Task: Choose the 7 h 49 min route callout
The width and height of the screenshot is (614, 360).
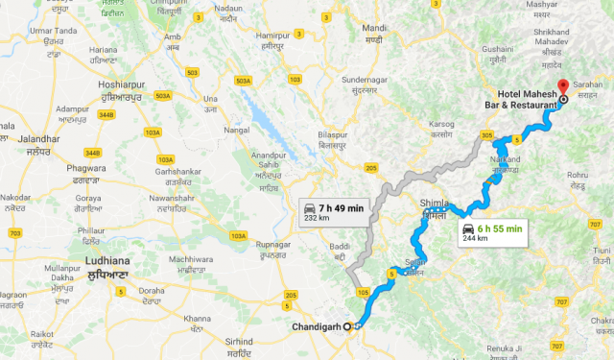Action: [x=334, y=211]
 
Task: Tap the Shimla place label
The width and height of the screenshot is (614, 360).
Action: [x=435, y=204]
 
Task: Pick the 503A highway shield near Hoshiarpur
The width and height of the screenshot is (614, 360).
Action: [x=163, y=95]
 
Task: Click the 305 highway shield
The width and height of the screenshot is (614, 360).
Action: [x=488, y=134]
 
